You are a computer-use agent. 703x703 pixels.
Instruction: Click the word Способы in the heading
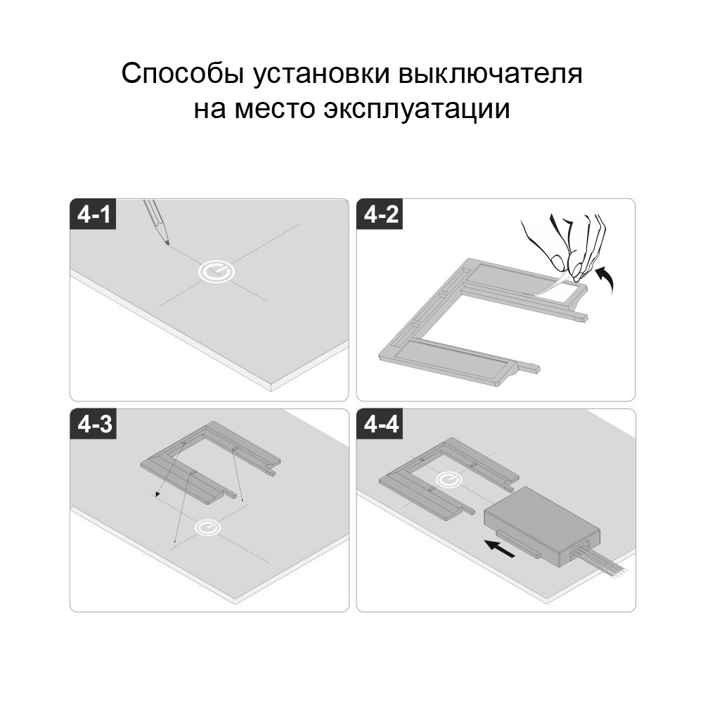point(183,74)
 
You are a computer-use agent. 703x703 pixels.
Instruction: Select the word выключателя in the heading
point(491,74)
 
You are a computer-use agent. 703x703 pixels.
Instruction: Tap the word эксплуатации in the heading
point(417,109)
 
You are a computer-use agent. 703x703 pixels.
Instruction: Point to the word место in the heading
point(275,109)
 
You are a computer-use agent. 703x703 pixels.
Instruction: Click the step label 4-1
point(93,214)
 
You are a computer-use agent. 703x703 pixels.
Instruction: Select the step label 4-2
point(380,214)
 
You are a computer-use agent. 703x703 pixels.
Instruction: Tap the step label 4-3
point(94,424)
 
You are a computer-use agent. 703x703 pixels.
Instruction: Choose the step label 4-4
point(380,424)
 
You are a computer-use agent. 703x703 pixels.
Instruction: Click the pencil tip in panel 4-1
point(168,244)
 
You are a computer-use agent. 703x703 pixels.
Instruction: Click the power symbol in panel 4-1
point(217,271)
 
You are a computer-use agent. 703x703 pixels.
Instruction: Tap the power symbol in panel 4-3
point(207,527)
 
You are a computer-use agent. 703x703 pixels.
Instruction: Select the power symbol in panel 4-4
point(449,479)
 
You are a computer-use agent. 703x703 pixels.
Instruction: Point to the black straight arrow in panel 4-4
point(500,548)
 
